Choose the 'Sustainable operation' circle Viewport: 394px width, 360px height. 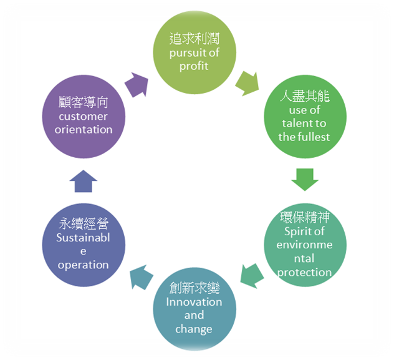83,243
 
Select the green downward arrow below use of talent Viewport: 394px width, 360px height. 305,179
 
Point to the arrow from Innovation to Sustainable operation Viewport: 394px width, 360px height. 140,275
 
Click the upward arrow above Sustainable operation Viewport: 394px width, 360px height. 83,181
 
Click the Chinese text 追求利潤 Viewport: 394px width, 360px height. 195,38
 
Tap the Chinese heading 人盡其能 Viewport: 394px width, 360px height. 304,97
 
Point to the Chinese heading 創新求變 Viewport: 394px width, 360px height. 195,288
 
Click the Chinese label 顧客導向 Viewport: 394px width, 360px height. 84,103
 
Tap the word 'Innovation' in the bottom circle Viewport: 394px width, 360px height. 195,302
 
